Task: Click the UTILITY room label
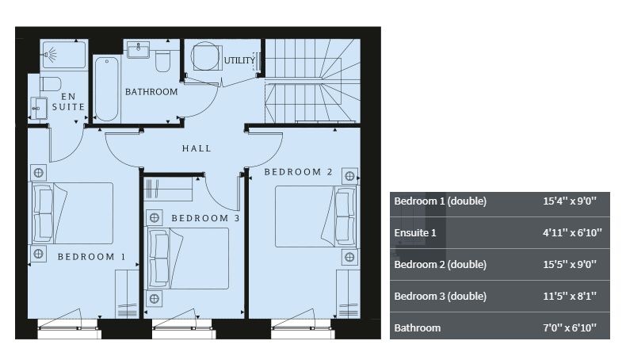239,61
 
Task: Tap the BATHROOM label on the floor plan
151,92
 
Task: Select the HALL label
197,148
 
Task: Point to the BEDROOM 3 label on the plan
205,218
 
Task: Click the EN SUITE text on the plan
68,101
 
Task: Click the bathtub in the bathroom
107,89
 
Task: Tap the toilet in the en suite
51,84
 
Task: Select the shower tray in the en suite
64,54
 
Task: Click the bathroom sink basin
138,50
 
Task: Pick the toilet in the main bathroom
162,61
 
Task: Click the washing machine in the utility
206,57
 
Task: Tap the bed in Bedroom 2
315,216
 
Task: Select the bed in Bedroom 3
189,259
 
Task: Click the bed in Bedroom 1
72,213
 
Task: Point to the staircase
312,81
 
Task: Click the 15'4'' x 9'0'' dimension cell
569,201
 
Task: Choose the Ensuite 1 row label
415,232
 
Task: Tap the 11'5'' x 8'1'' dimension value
569,296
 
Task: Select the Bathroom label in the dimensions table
417,327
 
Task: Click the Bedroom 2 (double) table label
441,265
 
